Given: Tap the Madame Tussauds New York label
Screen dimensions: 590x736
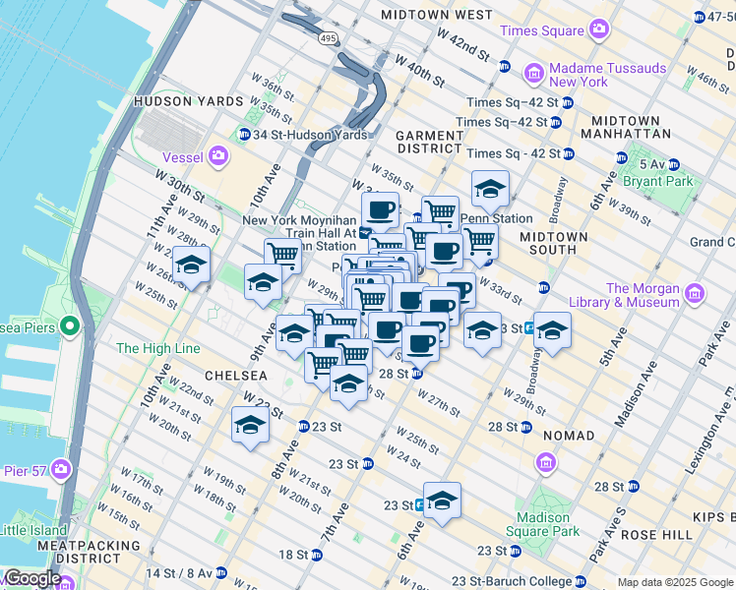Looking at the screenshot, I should (x=607, y=75).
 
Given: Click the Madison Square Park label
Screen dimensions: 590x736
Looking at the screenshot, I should (x=542, y=524).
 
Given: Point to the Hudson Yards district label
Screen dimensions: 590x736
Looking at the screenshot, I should (x=187, y=101).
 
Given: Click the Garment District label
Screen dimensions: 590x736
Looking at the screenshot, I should (x=429, y=143).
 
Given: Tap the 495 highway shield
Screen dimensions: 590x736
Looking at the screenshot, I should (x=328, y=38).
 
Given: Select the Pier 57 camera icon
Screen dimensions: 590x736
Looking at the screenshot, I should (x=62, y=468).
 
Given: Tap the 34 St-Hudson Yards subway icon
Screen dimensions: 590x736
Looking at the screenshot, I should (x=243, y=135).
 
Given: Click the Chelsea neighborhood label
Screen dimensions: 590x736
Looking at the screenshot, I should (x=235, y=376).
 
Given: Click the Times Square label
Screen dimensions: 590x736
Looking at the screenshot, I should (x=542, y=30).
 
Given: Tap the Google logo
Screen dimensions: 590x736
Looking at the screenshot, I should (x=31, y=578).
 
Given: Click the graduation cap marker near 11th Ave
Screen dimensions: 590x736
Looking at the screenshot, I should (x=191, y=265).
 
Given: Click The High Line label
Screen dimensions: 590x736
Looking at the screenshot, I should (x=157, y=348).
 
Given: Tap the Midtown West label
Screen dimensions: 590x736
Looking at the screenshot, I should (x=436, y=15).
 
